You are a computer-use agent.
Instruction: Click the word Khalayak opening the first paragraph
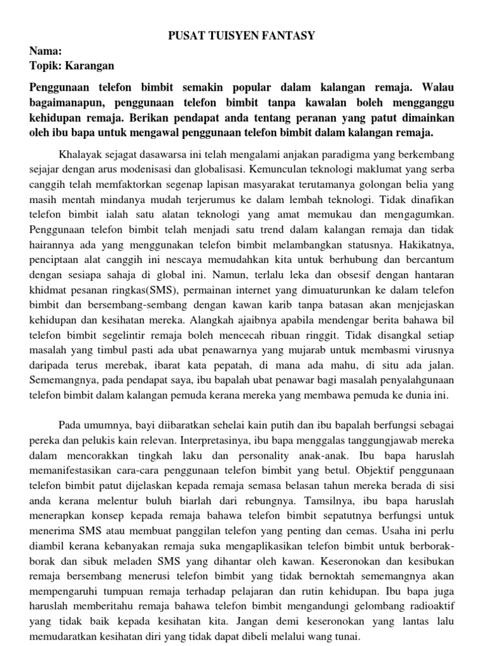80,154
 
